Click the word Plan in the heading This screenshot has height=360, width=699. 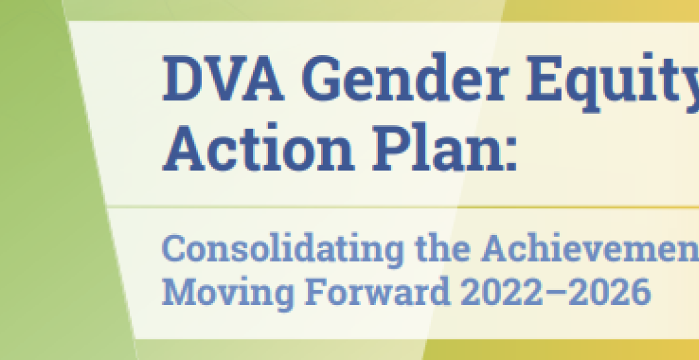click(x=437, y=151)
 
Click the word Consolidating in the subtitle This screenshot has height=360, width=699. click(x=273, y=249)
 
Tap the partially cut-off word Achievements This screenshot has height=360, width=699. click(x=589, y=249)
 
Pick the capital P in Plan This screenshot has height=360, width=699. click(x=387, y=151)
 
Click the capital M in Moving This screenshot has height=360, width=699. click(x=177, y=292)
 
